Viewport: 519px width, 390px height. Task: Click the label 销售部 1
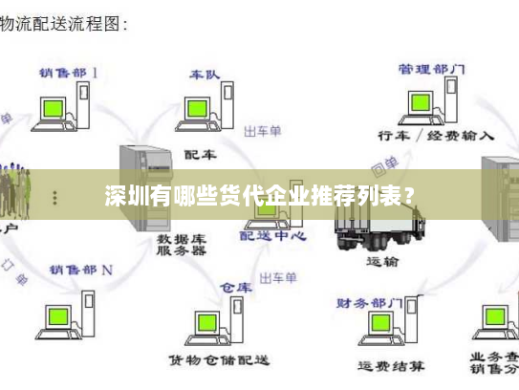pyautogui.click(x=68, y=72)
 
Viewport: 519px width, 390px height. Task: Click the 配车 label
pyautogui.click(x=200, y=153)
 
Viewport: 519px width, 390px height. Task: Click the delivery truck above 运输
pyautogui.click(x=377, y=220)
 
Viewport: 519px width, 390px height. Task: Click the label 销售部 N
pyautogui.click(x=81, y=270)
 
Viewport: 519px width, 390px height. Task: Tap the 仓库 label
pyautogui.click(x=235, y=287)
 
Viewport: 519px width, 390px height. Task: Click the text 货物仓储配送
pyautogui.click(x=219, y=360)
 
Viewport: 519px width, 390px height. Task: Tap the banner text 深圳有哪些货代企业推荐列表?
pyautogui.click(x=259, y=197)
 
